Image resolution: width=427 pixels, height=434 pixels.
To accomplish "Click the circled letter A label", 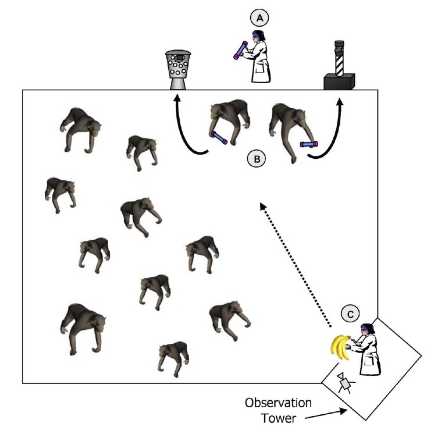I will pos(259,18).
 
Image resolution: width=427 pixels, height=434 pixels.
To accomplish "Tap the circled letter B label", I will pos(257,158).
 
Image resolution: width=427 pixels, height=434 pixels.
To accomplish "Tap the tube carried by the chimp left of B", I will pos(219,138).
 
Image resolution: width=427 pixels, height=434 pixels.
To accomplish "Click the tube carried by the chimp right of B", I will pos(308,144).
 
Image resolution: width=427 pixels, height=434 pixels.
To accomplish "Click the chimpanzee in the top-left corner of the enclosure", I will pos(80,129).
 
